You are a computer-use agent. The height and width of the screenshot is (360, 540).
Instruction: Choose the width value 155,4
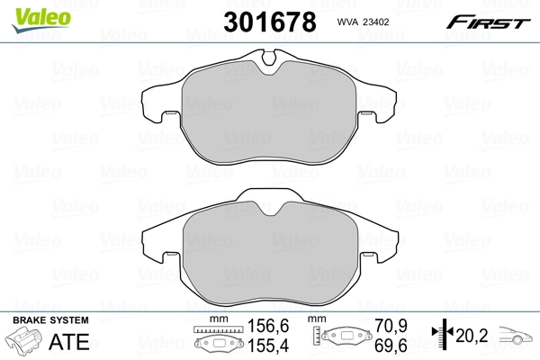click(x=262, y=345)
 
